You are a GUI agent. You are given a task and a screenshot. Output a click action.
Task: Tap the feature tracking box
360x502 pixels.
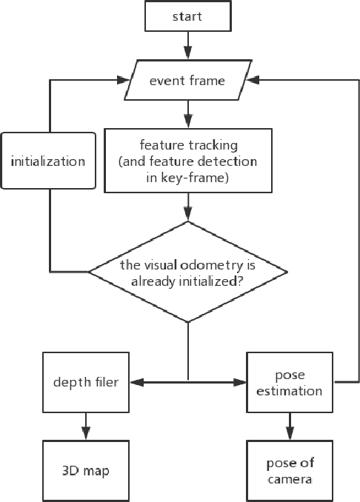tap(187, 160)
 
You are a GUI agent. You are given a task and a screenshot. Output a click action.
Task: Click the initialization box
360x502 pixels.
tap(48, 161)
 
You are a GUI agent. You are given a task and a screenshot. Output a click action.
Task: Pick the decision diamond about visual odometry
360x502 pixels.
tap(187, 271)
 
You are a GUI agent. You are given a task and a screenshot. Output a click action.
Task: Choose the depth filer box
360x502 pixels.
tap(86, 382)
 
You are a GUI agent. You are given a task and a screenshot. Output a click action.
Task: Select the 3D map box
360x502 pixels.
tap(86, 471)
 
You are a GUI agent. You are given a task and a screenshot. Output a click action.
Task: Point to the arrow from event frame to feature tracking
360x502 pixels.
tap(189, 115)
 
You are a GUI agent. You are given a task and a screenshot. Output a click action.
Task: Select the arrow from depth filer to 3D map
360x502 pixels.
tap(86, 426)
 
